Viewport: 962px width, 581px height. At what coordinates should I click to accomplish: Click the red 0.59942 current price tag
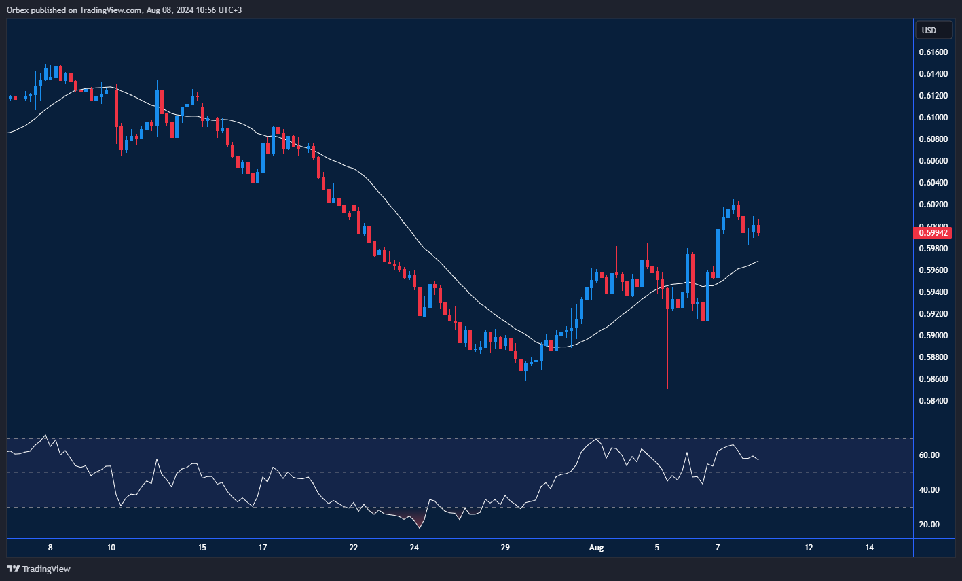(x=933, y=232)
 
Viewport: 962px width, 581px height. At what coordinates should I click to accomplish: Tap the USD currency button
(x=928, y=30)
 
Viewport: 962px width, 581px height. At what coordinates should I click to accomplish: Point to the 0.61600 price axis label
(x=933, y=52)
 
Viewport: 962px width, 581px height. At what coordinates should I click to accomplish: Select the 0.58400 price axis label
(x=933, y=401)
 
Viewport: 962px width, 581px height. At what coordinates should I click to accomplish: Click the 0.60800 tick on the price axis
(x=933, y=139)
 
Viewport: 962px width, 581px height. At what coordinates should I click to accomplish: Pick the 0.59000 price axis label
(x=933, y=336)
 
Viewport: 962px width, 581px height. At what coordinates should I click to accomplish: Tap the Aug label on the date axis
(x=596, y=548)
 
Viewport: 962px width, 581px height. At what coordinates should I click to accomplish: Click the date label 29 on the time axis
(x=504, y=548)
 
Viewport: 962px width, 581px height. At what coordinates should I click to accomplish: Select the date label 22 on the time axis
(x=354, y=548)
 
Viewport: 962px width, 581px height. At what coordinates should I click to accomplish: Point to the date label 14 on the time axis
(x=870, y=548)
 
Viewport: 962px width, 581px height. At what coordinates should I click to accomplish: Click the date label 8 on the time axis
(x=50, y=548)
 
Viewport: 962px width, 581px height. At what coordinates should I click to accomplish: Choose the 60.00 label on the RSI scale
(x=929, y=455)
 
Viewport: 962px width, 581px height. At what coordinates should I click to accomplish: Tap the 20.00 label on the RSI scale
(x=929, y=525)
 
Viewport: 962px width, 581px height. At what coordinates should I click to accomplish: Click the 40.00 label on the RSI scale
(x=929, y=490)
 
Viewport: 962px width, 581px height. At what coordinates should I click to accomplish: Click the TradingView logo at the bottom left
(x=39, y=569)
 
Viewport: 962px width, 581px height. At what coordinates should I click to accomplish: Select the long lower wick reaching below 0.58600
(x=667, y=360)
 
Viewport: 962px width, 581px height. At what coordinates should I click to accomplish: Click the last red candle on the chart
(x=758, y=230)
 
